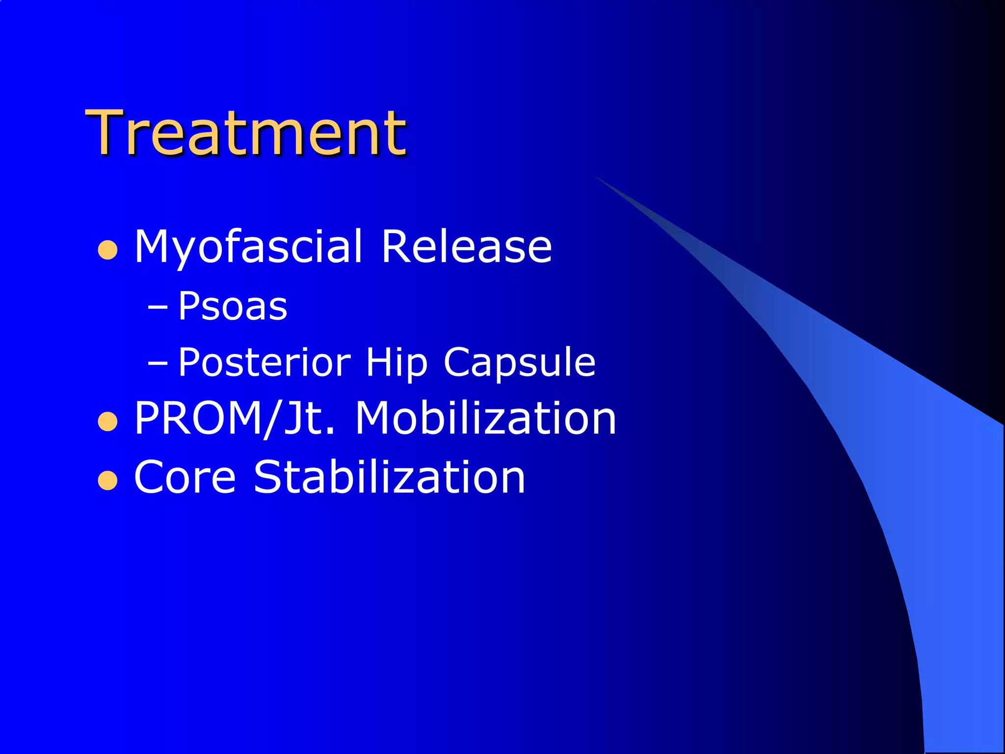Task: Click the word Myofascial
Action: click(x=248, y=246)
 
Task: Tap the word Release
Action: click(x=466, y=246)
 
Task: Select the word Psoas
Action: click(x=233, y=306)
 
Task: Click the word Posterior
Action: click(x=264, y=362)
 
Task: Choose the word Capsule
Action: click(x=519, y=362)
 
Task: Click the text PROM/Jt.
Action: click(x=235, y=418)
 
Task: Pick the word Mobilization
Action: click(x=485, y=418)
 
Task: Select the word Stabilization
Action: click(x=389, y=477)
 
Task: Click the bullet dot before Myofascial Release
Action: click(x=107, y=250)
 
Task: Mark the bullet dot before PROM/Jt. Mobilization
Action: click(x=107, y=422)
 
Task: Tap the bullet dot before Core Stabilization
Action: click(x=107, y=481)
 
